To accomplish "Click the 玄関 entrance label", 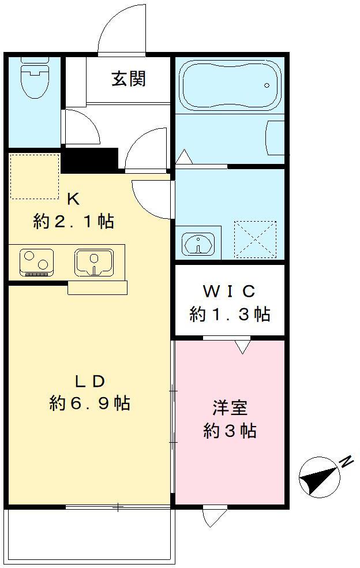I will (129, 79).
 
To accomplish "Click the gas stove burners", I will (36, 261).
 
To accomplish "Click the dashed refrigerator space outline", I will (35, 177).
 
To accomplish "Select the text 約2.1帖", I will (73, 221).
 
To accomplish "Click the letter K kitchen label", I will (73, 200).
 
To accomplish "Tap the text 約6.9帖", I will (89, 403).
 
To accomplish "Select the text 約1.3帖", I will (230, 314).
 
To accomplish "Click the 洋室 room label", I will (230, 408).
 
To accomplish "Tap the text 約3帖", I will (230, 431).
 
